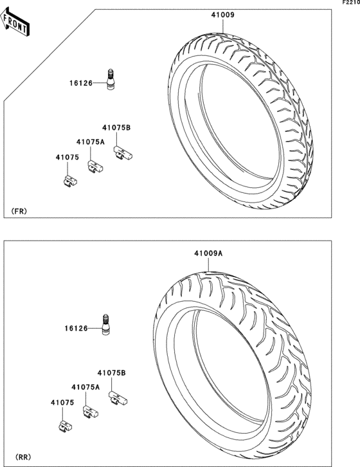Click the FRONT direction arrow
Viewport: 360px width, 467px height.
[x=14, y=22]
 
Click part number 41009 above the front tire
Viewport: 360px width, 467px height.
[x=222, y=15]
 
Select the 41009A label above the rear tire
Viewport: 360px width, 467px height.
[x=208, y=253]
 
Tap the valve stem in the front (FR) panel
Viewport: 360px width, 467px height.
[x=110, y=79]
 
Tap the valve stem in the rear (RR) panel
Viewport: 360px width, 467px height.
[x=105, y=324]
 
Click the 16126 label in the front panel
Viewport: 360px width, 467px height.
[x=81, y=83]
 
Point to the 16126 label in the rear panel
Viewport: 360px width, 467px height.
[x=76, y=328]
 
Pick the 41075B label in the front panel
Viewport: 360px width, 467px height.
[x=116, y=127]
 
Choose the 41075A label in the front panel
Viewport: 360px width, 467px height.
[x=91, y=142]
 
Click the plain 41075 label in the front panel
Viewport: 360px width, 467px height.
[x=67, y=157]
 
